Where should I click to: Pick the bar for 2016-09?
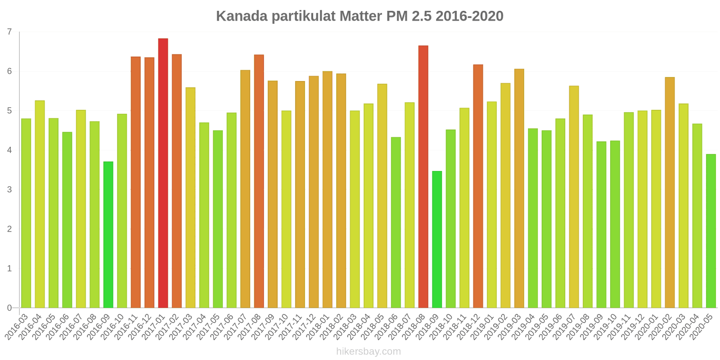click(108, 234)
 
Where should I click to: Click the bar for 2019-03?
click(519, 189)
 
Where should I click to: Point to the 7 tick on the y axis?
click(9, 32)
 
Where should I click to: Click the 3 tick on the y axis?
click(9, 189)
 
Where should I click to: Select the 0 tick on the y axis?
click(9, 308)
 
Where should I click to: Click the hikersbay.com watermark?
click(368, 351)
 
